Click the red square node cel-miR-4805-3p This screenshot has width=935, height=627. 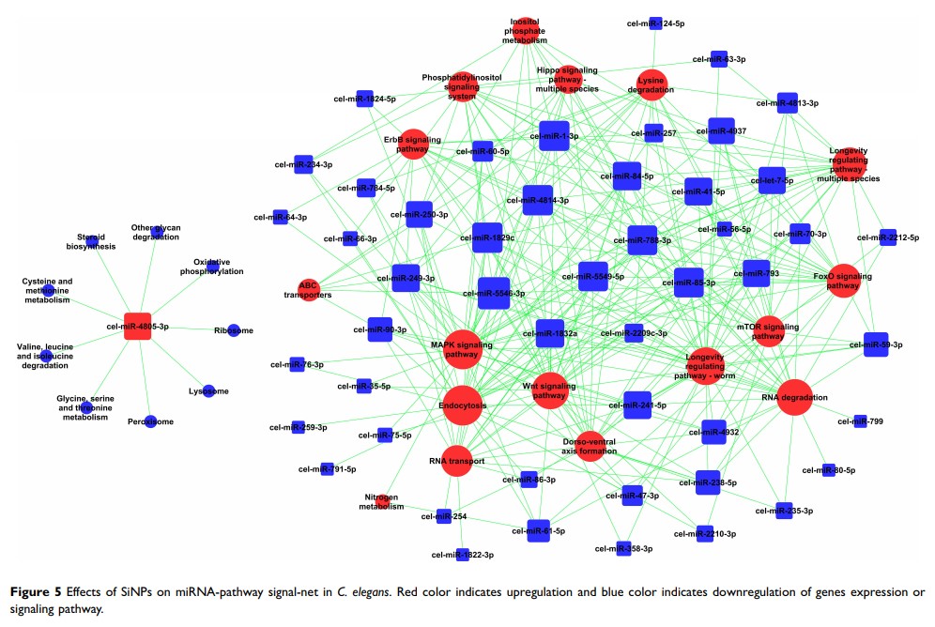[x=138, y=326]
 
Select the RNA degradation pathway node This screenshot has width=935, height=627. [x=793, y=397]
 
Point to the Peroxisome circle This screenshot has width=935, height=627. [x=150, y=421]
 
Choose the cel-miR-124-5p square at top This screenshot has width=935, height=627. [x=656, y=23]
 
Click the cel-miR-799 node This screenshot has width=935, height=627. [x=860, y=421]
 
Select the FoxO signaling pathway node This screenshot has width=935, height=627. [x=843, y=281]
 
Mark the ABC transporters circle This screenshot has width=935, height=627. [x=308, y=289]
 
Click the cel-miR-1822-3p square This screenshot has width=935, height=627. [x=462, y=555]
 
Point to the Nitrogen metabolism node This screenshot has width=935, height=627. [x=383, y=500]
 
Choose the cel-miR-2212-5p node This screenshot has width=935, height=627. [x=888, y=237]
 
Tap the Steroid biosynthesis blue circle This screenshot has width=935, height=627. [x=91, y=240]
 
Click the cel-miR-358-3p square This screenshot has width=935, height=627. [x=621, y=548]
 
